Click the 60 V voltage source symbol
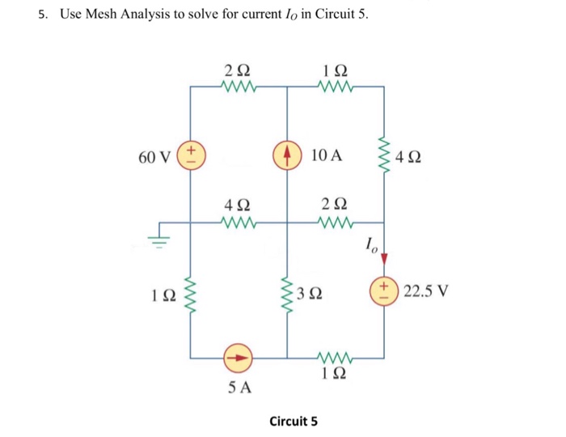191,155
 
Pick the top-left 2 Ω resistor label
239,70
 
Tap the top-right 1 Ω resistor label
336,70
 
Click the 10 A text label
327,155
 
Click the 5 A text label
239,388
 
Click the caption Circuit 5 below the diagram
294,421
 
